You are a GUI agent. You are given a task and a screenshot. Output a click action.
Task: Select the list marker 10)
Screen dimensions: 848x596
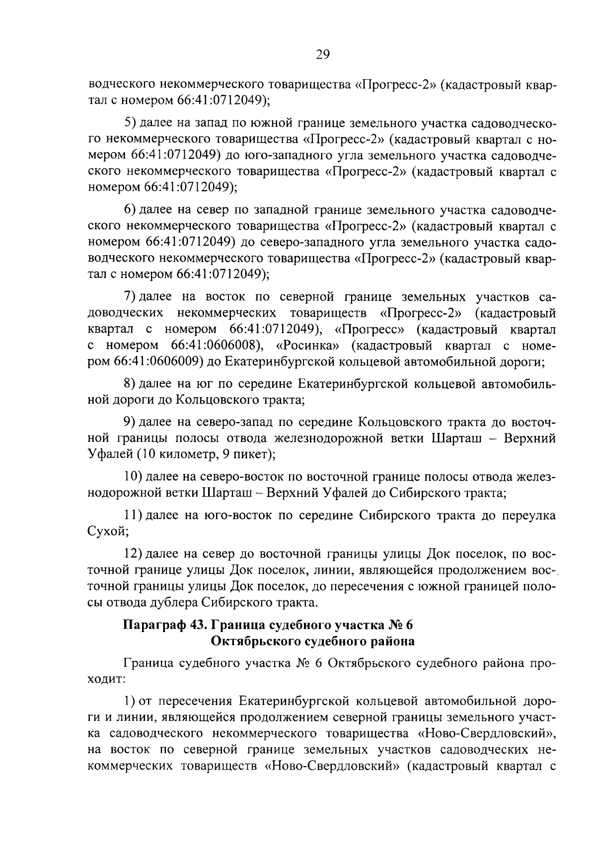[x=133, y=477]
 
